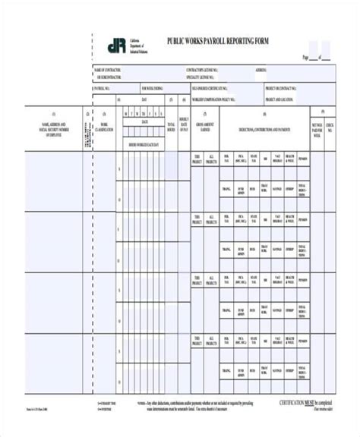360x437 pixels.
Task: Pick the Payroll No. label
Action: pyautogui.click(x=102, y=88)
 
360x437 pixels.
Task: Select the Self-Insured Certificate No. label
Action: pyautogui.click(x=213, y=88)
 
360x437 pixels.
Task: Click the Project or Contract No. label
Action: pyautogui.click(x=279, y=88)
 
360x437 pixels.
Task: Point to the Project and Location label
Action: pyautogui.click(x=279, y=99)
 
